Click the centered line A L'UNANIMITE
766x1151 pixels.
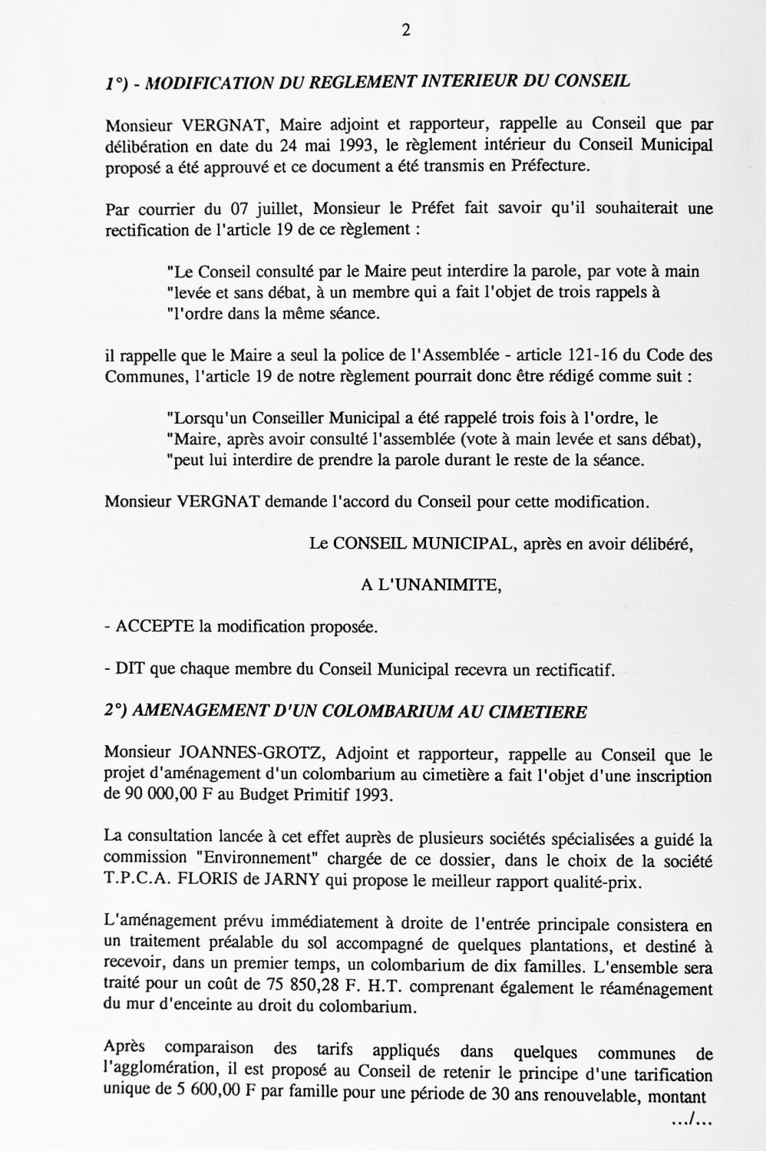(x=431, y=585)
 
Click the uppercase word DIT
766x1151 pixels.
(x=130, y=670)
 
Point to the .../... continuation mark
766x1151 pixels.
(x=692, y=1123)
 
